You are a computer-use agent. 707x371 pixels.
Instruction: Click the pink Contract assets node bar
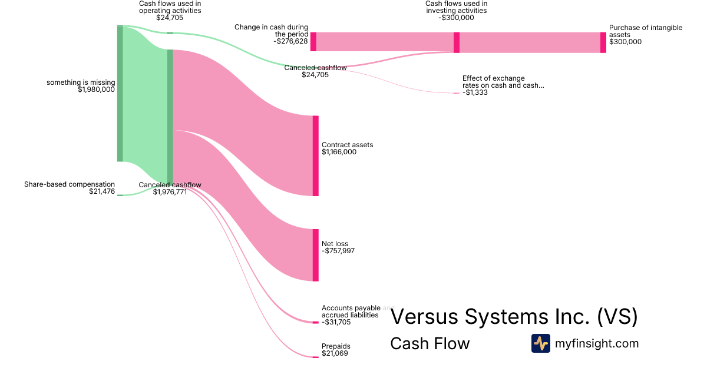pos(315,155)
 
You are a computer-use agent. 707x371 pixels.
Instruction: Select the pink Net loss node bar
pos(315,255)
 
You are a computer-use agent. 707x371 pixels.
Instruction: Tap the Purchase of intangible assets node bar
pos(603,42)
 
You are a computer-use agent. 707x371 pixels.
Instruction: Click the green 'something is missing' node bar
pos(120,93)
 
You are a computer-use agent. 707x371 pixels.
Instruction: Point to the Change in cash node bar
pos(313,42)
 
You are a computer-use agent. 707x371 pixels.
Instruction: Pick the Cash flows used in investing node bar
pos(457,42)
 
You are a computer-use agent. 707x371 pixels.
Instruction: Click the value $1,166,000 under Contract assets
pos(339,152)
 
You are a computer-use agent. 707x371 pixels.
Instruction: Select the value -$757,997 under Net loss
pos(338,251)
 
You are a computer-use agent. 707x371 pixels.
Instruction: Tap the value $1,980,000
pos(96,90)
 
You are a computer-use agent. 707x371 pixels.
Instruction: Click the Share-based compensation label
pos(70,184)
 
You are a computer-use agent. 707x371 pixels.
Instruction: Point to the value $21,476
pos(102,191)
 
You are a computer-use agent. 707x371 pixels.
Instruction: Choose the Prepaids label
pos(336,346)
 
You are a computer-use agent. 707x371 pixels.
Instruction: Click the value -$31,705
pos(336,322)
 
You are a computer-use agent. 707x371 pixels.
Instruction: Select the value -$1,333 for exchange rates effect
pos(475,92)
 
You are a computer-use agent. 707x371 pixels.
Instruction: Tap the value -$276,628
pos(290,41)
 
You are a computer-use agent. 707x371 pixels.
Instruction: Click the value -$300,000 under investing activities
pos(456,18)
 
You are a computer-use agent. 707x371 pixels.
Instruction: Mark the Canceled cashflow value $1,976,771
pos(170,191)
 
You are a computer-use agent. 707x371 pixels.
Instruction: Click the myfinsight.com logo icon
pos(540,343)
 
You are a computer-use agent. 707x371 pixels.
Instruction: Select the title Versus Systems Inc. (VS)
pos(514,317)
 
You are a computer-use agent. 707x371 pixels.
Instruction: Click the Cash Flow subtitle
pos(430,344)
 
